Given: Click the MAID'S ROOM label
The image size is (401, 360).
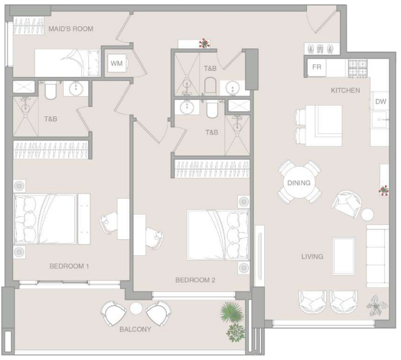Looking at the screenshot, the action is click(71, 29).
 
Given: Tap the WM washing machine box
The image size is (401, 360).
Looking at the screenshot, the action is click(117, 63).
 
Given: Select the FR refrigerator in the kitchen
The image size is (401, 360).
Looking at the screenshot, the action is click(316, 67).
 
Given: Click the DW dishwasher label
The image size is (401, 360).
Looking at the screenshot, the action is click(381, 102).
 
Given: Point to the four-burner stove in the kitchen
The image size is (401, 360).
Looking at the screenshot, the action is click(358, 67).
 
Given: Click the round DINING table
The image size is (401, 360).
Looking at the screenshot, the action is click(299, 183).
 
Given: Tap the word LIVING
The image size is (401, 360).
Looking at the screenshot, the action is click(312, 256).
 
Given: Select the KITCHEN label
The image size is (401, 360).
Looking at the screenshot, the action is click(346, 90).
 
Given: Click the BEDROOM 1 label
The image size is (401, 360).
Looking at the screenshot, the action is click(69, 266).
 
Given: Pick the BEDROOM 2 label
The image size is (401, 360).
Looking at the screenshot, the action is click(195, 280).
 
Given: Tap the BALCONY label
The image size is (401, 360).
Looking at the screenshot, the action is click(135, 329).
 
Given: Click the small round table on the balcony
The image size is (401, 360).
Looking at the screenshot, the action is click(136, 308).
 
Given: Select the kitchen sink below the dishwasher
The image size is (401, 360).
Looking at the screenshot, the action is click(380, 119).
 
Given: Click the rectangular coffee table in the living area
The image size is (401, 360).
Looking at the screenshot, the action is click(343, 256).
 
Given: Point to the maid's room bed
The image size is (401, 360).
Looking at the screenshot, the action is click(67, 63).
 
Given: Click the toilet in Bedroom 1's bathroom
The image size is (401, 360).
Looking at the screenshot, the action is click(51, 91).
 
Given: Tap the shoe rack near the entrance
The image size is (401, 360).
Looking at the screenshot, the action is click(322, 48).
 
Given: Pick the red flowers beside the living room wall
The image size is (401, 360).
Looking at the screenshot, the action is click(383, 190).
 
